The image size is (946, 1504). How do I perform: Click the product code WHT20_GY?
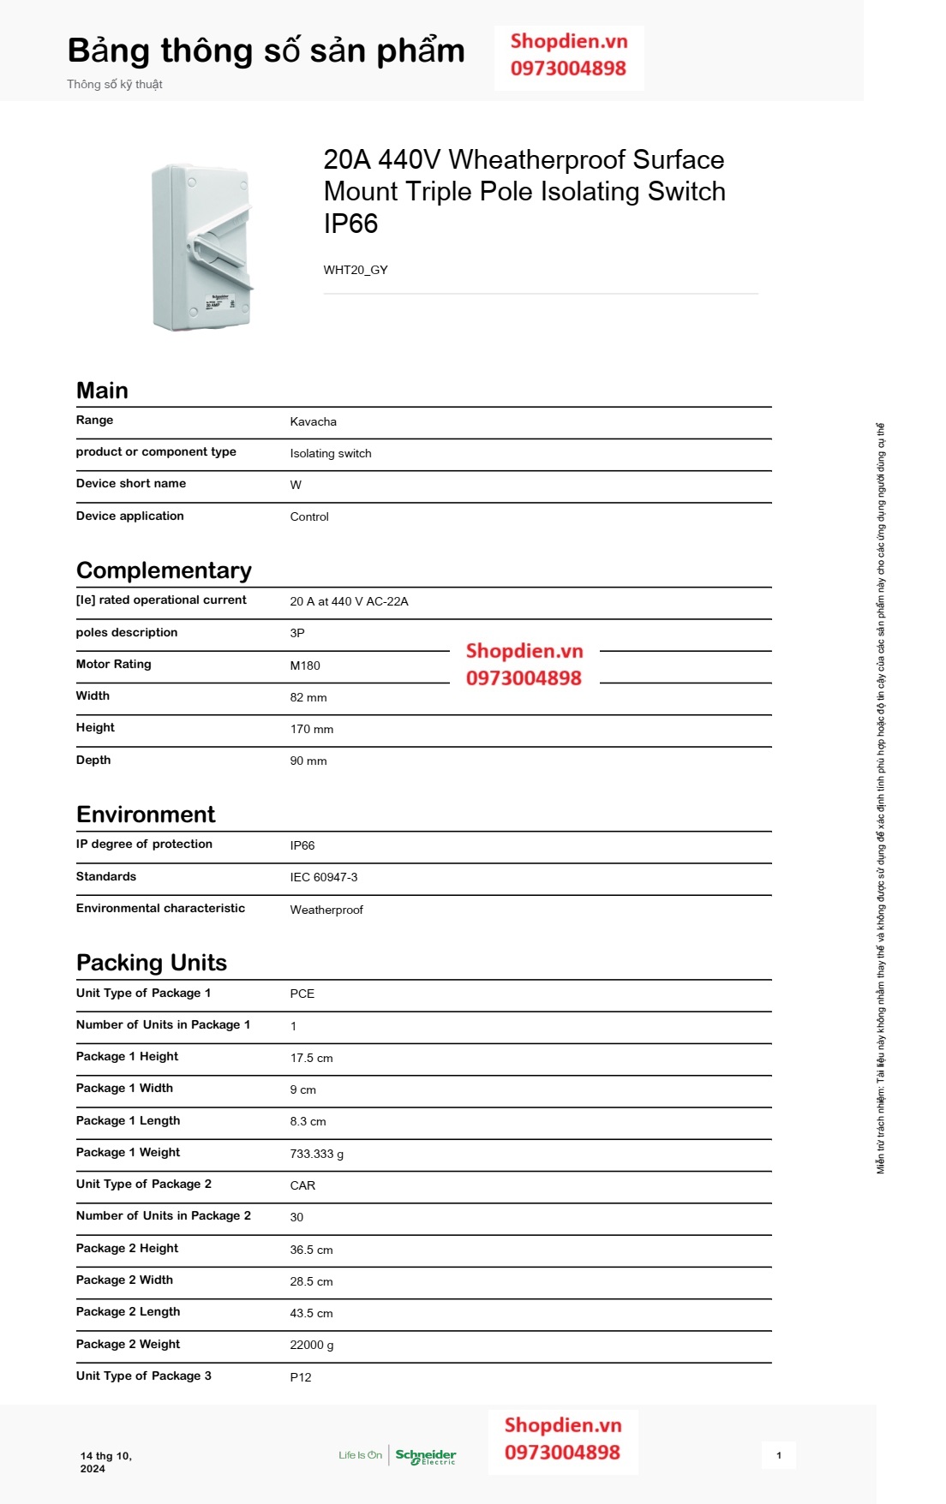[356, 270]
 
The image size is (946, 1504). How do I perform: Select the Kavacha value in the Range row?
[313, 421]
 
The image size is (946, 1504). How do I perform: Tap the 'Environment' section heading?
[146, 814]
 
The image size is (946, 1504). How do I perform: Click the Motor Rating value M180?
[305, 665]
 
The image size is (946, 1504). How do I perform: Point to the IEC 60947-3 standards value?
[324, 877]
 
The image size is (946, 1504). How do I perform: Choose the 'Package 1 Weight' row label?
[128, 1152]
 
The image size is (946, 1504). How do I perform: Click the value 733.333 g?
[316, 1154]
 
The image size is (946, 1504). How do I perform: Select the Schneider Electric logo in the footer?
[426, 1456]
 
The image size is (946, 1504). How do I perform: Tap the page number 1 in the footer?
[778, 1455]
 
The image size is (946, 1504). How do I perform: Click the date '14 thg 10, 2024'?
[105, 1462]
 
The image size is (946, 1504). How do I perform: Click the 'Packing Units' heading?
[152, 963]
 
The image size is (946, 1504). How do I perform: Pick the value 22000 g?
[312, 1345]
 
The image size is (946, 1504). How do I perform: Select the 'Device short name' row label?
[131, 483]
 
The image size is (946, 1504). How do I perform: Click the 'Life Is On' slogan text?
[360, 1455]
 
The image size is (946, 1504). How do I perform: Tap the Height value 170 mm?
[312, 729]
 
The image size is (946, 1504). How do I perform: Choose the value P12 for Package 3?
[301, 1377]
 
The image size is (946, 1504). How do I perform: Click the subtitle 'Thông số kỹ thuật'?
[115, 84]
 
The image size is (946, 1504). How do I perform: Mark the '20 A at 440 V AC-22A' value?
[349, 601]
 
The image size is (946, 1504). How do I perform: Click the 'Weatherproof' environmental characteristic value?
[326, 910]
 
